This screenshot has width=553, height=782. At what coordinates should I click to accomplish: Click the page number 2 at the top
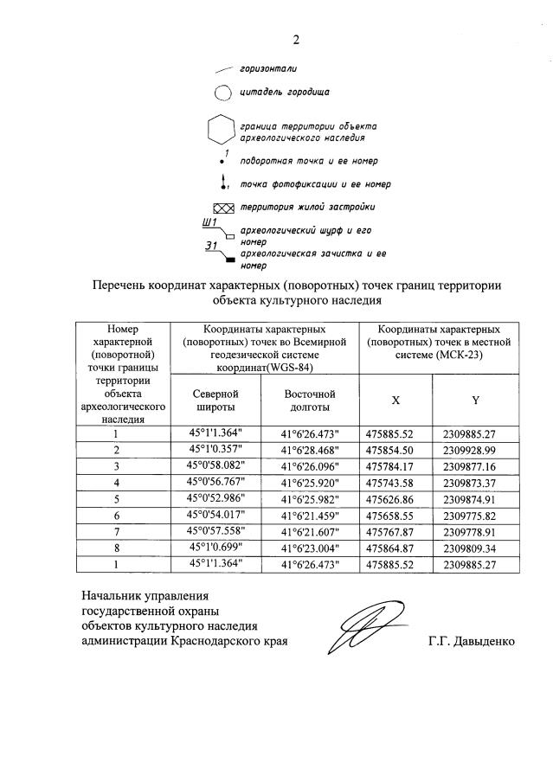[x=295, y=39]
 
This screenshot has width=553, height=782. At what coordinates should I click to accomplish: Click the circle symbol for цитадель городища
[x=222, y=93]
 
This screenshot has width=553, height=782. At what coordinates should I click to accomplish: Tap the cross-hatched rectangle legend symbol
[x=223, y=208]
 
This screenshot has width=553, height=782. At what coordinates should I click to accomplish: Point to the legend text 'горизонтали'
[x=264, y=68]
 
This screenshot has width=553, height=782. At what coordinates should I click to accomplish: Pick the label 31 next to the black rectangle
[x=209, y=247]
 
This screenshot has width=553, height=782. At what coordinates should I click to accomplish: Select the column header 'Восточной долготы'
[x=308, y=400]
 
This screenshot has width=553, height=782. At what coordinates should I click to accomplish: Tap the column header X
[x=395, y=401]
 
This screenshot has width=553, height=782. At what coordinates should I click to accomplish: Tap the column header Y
[x=475, y=401]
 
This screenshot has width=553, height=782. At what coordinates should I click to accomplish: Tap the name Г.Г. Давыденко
[x=471, y=642]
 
